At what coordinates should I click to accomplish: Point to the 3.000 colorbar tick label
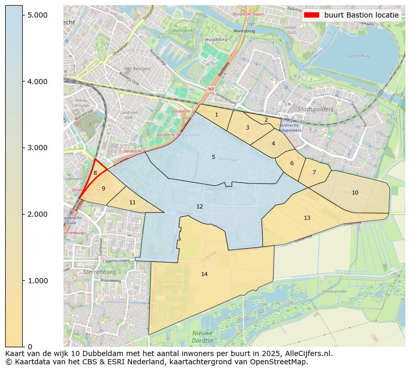tap(37, 148)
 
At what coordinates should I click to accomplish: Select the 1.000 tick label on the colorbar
tap(37, 281)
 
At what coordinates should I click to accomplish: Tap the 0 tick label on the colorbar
tap(29, 347)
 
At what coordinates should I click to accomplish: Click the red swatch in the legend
tap(312, 15)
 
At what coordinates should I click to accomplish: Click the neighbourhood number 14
tap(204, 274)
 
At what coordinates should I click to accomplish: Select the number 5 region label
tap(213, 157)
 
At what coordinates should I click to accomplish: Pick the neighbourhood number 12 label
tap(200, 206)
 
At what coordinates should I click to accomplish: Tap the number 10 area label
tap(355, 192)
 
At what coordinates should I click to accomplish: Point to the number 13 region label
tap(307, 218)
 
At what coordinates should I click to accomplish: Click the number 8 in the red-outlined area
tap(95, 173)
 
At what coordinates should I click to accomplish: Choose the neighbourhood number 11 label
tap(132, 202)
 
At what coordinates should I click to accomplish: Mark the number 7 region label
tap(313, 172)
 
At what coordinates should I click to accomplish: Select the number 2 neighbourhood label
tap(266, 120)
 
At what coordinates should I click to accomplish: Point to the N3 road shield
tap(211, 89)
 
